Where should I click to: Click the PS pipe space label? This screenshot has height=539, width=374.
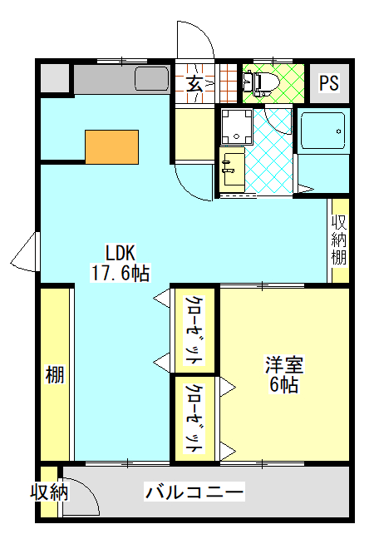(329, 83)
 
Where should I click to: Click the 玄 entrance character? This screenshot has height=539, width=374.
(194, 83)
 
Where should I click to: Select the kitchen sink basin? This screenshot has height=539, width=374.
(151, 79)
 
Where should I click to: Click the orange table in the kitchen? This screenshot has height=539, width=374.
(111, 146)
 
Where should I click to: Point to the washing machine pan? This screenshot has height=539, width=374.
(237, 126)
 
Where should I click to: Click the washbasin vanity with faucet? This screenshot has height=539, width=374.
(232, 170)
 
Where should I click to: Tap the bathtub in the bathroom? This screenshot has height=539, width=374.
(322, 131)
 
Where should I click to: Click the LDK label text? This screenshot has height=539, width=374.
(121, 253)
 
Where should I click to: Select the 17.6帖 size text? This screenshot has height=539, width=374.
(120, 274)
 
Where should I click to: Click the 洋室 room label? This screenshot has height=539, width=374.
(284, 365)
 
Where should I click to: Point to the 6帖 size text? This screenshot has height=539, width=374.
(283, 384)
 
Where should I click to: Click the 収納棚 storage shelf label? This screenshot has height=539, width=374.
(338, 240)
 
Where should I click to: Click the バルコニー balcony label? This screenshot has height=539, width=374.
(194, 492)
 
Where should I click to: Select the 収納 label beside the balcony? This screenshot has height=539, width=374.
(50, 492)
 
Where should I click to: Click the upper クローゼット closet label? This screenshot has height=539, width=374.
(194, 330)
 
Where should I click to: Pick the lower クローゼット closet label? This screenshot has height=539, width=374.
(194, 418)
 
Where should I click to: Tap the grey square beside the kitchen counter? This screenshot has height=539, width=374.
(55, 78)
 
